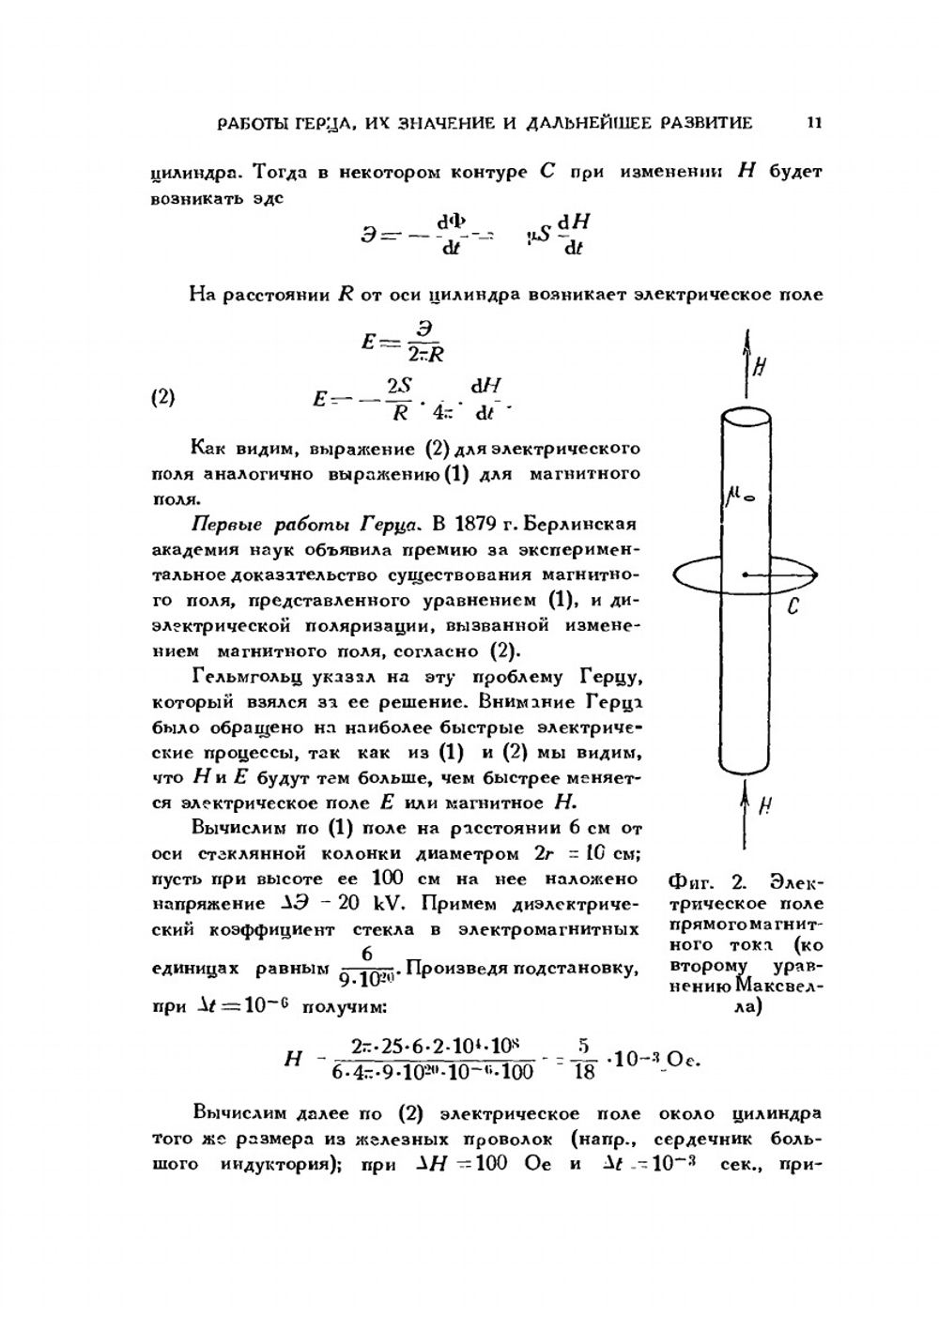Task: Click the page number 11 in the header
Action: pos(813,122)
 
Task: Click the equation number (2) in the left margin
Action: pos(162,397)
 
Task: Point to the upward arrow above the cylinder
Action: pos(747,353)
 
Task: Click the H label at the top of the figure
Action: pos(760,367)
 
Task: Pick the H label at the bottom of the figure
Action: pos(765,804)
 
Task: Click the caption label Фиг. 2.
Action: pos(705,882)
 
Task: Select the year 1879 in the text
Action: pos(482,524)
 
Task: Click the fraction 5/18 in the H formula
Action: pos(583,1058)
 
